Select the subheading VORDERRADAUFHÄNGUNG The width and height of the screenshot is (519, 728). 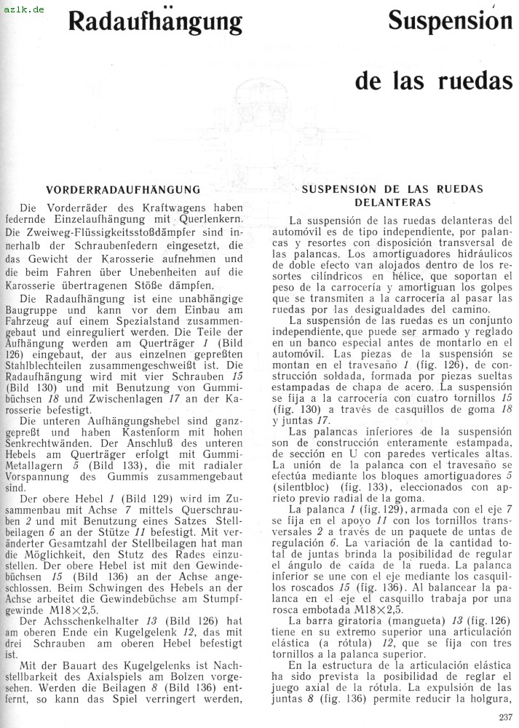(x=122, y=190)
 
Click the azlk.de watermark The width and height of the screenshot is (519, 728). (x=23, y=8)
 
